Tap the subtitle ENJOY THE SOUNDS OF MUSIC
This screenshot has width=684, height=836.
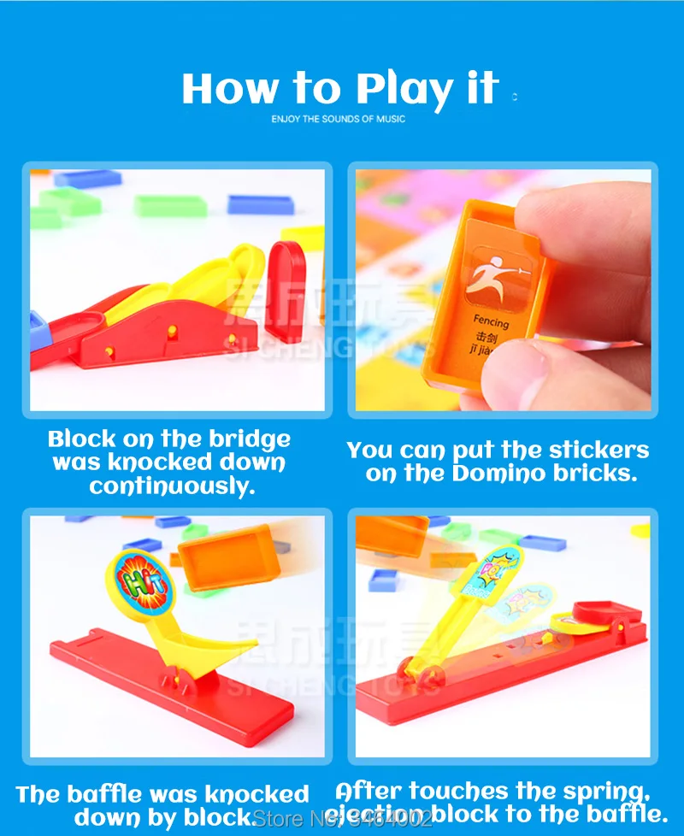coord(339,119)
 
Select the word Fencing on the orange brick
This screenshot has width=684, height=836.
coord(491,323)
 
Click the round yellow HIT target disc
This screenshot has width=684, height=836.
coord(139,583)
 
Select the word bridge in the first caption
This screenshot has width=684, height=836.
coord(248,439)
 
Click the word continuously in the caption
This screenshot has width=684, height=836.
coord(172,486)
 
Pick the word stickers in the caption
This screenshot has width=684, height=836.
coord(598,450)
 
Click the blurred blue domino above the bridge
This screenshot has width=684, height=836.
coord(260,204)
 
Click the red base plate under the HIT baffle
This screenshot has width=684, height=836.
coord(171,684)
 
